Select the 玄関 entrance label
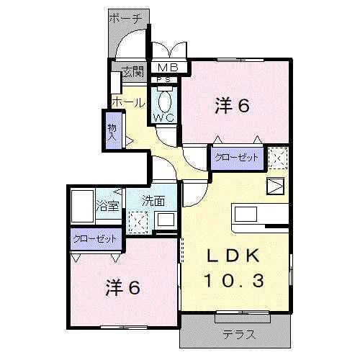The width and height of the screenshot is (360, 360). (132, 71)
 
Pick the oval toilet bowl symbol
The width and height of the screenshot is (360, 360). (165, 99)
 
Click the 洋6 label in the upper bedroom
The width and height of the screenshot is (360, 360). (233, 106)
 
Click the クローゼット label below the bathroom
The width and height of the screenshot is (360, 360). (96, 239)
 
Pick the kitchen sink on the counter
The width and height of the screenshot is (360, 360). (245, 214)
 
